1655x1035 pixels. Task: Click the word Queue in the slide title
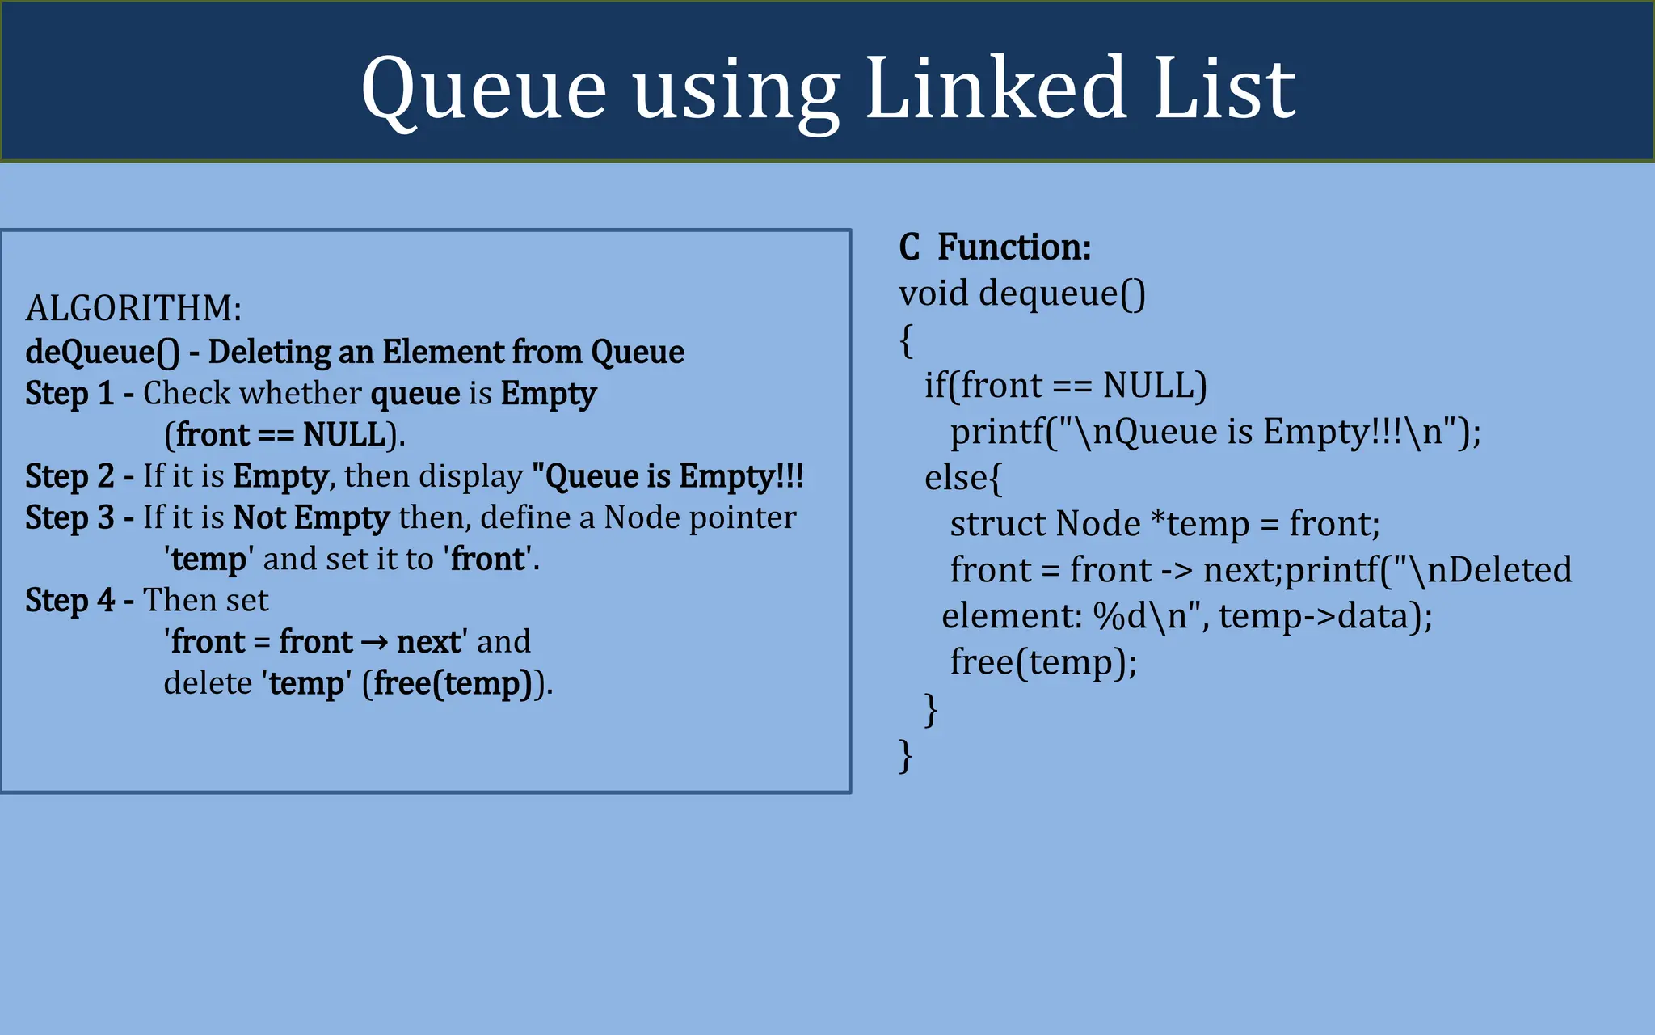click(483, 89)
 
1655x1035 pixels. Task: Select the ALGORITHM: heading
click(133, 309)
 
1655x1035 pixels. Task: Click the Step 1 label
click(69, 394)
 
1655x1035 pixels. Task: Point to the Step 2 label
click(69, 476)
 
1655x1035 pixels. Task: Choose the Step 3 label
click(69, 517)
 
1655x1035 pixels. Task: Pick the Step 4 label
click(69, 600)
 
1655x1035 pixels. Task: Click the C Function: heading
click(995, 247)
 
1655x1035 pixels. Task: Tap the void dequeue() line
click(1022, 294)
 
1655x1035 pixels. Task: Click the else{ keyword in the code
click(962, 479)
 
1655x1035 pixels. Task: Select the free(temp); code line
click(1043, 662)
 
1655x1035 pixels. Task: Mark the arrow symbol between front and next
click(374, 643)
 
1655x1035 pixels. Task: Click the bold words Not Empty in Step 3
click(311, 517)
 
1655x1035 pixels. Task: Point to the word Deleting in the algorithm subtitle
click(268, 353)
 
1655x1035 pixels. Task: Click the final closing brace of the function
click(906, 756)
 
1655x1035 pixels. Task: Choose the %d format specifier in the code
click(1119, 617)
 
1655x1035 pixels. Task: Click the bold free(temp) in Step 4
click(452, 684)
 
